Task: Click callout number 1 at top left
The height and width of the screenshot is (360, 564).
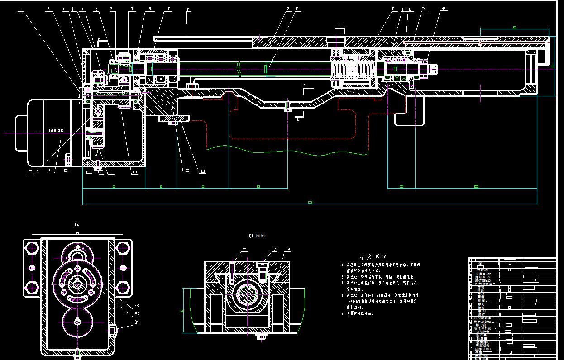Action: coord(19,9)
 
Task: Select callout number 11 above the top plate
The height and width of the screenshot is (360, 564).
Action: coord(188,9)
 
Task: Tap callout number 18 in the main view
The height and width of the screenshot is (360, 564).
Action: coord(444,9)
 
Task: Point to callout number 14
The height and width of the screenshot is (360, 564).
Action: coord(393,9)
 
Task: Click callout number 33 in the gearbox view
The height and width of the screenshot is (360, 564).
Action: coord(137,306)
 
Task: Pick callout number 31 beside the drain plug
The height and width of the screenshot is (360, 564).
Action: coord(137,322)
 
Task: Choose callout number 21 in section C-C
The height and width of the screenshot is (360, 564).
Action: coord(245,249)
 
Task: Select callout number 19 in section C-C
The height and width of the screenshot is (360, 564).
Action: coord(288,249)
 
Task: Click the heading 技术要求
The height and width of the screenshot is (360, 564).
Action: coord(373,256)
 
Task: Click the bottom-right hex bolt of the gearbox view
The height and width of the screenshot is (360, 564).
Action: coord(123,288)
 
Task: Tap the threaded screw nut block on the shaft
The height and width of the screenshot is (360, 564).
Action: coord(354,69)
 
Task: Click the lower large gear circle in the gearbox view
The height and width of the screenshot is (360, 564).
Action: coord(77,322)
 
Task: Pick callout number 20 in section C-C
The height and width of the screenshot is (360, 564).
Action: coord(275,249)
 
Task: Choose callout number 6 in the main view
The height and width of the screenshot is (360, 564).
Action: coord(96,9)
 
